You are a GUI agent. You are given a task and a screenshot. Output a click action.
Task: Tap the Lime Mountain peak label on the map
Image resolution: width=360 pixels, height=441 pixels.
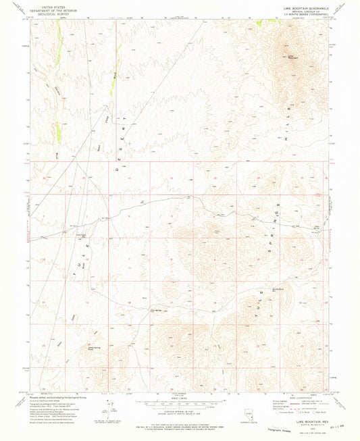click(x=292, y=57)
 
